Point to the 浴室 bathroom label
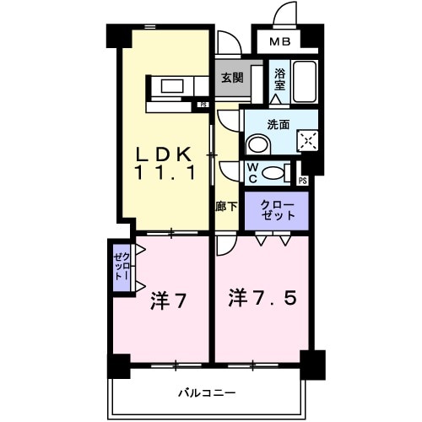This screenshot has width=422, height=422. click(279, 78)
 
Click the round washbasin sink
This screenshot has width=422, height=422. click(254, 146)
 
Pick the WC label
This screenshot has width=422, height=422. click(252, 171)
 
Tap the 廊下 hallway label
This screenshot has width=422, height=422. click(225, 206)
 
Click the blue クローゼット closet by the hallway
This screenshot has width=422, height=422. click(278, 211)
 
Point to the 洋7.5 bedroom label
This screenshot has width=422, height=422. click(263, 297)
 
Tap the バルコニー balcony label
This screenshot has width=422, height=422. click(207, 392)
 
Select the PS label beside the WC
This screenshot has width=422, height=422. click(302, 180)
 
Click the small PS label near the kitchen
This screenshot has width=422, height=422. click(203, 105)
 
